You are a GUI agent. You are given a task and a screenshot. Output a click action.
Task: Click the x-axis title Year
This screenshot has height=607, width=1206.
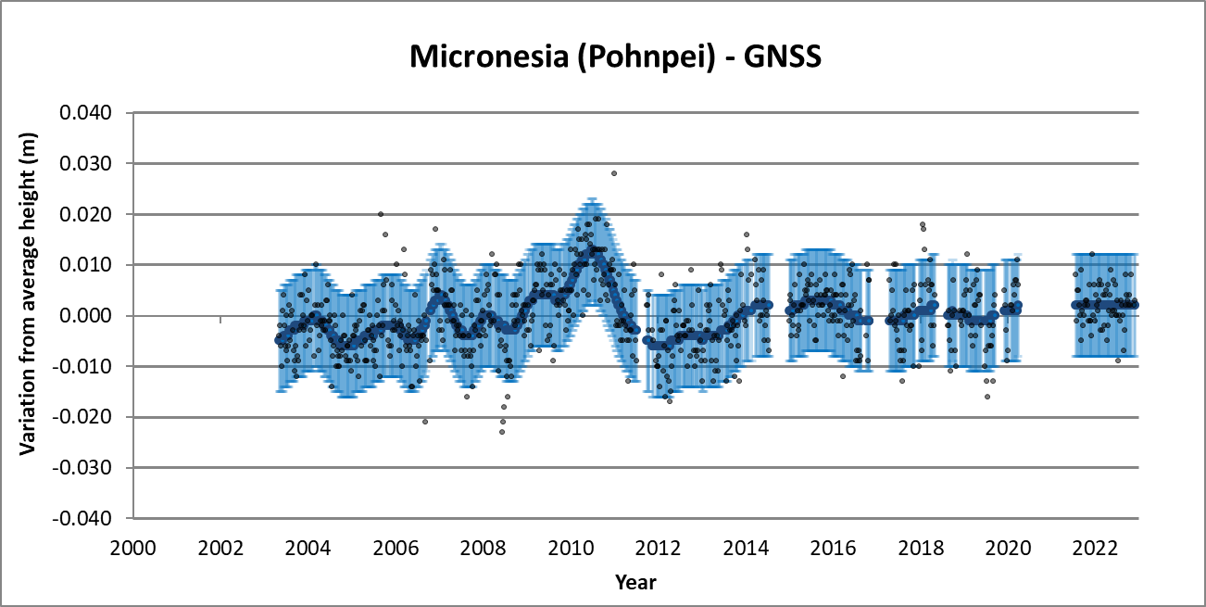tap(635, 582)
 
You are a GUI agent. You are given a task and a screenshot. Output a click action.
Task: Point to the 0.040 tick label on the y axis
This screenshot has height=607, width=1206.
tap(85, 113)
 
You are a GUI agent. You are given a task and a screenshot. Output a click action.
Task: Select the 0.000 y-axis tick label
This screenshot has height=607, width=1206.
tap(85, 316)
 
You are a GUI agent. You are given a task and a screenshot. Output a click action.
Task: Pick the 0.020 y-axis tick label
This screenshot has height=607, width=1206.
tap(85, 214)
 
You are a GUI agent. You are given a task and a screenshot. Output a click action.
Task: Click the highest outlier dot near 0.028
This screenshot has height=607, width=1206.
tap(613, 173)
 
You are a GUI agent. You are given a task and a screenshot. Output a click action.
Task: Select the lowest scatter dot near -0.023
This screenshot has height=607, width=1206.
tap(502, 431)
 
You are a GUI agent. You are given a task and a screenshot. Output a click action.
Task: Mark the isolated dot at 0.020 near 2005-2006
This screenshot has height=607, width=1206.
tap(381, 214)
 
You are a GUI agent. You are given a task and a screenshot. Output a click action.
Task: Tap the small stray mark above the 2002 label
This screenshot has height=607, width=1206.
tap(220, 320)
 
